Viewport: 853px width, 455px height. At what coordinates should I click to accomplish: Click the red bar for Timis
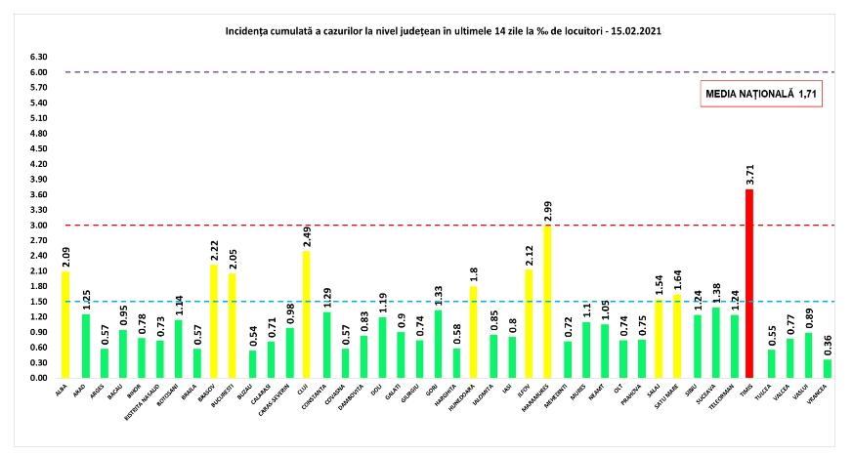[x=749, y=283]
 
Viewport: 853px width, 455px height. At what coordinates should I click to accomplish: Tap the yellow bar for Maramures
[x=546, y=302]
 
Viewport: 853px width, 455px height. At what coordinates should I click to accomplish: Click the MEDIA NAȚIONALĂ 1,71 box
[x=759, y=95]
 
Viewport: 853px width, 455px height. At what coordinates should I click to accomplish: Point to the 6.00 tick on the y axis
[x=40, y=72]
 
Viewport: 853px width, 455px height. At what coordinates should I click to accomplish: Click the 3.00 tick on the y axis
[x=40, y=226]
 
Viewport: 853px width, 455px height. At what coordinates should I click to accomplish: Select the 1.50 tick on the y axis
[x=40, y=302]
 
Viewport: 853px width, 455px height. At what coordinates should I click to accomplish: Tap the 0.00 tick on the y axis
[x=40, y=377]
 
